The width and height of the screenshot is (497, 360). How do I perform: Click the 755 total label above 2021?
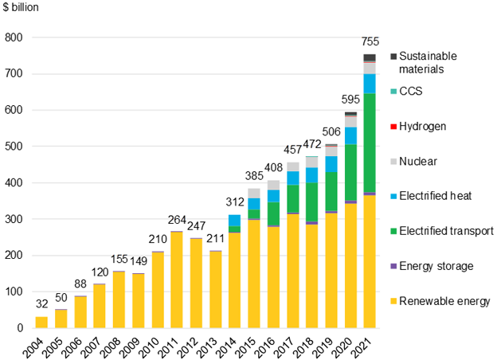click(x=370, y=41)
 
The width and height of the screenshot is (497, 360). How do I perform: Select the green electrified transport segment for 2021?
click(x=370, y=143)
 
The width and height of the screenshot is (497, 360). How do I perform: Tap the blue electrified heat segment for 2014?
click(x=234, y=221)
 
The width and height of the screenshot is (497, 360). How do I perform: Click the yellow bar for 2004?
click(x=41, y=322)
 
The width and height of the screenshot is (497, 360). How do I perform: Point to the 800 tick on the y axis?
click(x=14, y=37)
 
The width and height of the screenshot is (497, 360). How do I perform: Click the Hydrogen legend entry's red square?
click(x=393, y=127)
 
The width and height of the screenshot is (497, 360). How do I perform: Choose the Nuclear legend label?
click(x=418, y=162)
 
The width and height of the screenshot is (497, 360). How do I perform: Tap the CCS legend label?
click(x=411, y=92)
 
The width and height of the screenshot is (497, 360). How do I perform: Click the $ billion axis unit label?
click(x=21, y=7)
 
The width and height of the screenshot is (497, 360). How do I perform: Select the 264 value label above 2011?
click(x=177, y=220)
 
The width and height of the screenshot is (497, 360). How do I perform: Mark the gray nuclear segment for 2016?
click(x=273, y=185)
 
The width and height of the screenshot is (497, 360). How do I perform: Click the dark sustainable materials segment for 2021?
click(x=370, y=57)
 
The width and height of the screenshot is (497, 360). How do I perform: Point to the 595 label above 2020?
click(x=350, y=100)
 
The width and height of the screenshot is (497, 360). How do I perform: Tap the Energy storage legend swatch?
click(x=393, y=266)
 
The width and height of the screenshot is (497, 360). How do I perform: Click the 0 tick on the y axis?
click(x=20, y=328)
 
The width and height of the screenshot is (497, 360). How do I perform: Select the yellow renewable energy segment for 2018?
click(x=312, y=276)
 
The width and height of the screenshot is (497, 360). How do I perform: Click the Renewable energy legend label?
click(x=444, y=301)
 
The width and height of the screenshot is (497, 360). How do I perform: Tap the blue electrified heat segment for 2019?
click(x=331, y=164)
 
